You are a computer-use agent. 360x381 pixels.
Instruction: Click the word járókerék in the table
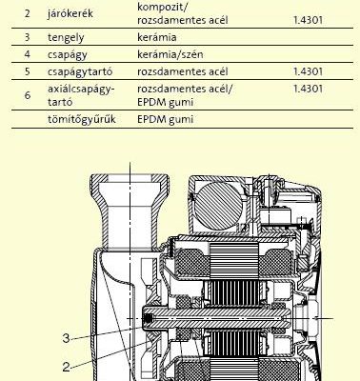70,13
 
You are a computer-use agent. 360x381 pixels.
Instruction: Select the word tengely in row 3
66,37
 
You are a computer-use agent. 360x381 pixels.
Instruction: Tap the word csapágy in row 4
68,54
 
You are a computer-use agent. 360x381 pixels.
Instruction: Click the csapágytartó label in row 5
80,71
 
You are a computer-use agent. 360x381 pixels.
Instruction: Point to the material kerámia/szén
170,54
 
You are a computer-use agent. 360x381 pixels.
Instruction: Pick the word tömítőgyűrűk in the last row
82,119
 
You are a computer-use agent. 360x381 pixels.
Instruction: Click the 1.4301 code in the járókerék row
308,20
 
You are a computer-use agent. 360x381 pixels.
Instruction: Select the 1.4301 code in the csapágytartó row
308,71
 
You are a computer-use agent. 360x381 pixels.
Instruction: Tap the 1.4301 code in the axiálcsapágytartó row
308,89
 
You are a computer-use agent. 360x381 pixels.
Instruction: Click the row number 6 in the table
28,95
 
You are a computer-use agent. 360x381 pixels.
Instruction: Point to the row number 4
28,54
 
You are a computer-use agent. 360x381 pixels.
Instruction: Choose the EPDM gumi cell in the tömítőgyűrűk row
165,119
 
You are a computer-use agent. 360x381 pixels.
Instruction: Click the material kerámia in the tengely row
157,37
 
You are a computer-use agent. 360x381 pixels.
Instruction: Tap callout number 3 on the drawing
66,338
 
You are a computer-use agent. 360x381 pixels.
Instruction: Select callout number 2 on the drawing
66,368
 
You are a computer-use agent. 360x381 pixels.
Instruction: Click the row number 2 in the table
28,14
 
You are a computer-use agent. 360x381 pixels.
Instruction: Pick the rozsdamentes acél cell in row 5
183,71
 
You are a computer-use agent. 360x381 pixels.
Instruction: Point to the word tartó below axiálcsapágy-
60,102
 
